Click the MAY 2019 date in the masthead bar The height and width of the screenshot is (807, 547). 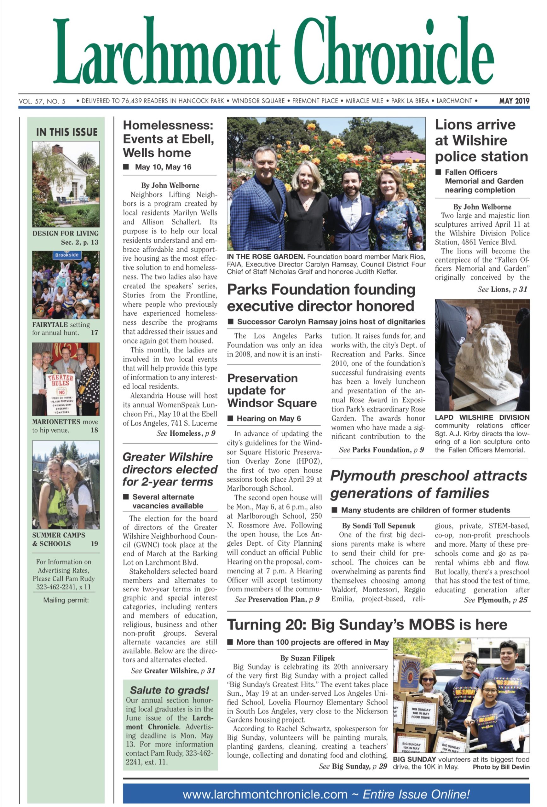[x=514, y=101]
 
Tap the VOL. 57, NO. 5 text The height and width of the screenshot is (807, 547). [x=42, y=102]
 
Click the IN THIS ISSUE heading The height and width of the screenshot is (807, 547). [x=66, y=132]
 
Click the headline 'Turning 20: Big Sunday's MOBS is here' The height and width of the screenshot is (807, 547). [x=367, y=625]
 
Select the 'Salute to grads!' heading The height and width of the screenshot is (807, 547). [x=170, y=690]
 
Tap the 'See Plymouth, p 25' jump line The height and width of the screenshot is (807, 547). [x=495, y=600]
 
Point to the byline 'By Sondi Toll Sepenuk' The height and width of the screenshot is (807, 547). [x=378, y=526]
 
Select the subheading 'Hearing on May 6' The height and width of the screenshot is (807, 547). [x=268, y=418]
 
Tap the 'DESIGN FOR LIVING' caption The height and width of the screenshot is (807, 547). [x=65, y=233]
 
